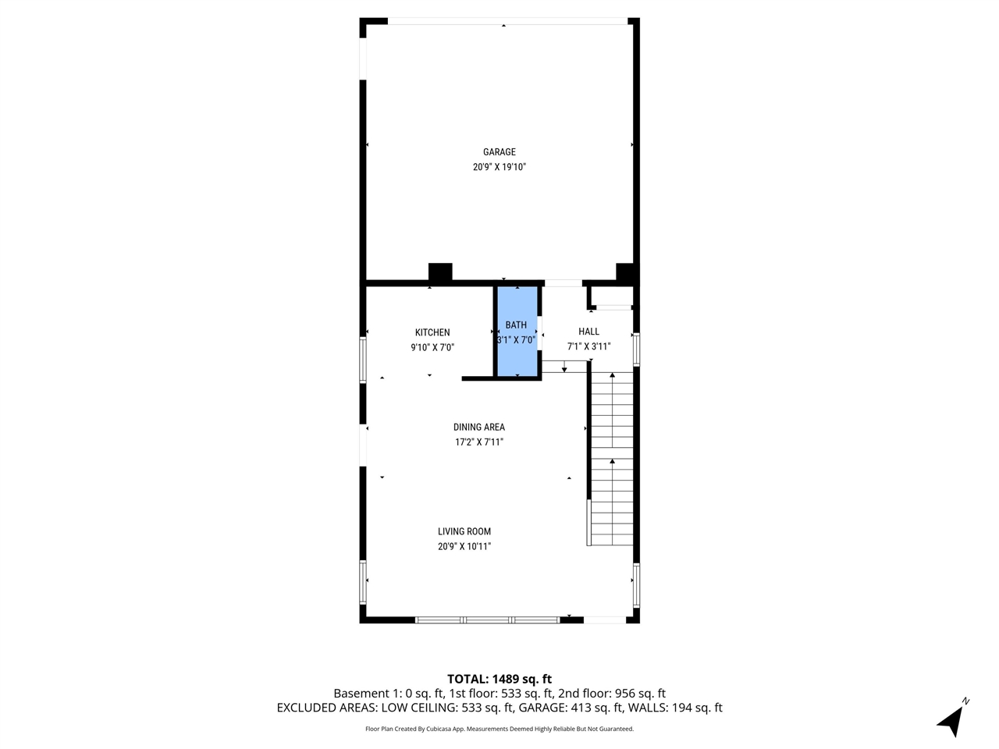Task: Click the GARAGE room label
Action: pos(499,152)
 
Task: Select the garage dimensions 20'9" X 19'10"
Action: pos(499,167)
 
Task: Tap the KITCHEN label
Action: pos(432,332)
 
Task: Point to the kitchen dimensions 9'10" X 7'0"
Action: pos(432,348)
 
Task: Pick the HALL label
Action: pos(588,332)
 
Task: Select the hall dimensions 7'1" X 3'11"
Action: pos(588,346)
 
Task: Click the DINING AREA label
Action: pos(478,427)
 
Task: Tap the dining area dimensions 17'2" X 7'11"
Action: pos(478,442)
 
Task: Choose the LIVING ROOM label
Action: pos(464,531)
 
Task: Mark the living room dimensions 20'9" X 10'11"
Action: pos(464,547)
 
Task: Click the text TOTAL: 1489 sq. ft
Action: pos(499,679)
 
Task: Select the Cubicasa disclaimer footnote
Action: pos(499,729)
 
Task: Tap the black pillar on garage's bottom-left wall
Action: pos(440,272)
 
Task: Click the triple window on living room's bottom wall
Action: pos(487,619)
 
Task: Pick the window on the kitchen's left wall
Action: pos(363,359)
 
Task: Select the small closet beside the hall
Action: pos(612,296)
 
